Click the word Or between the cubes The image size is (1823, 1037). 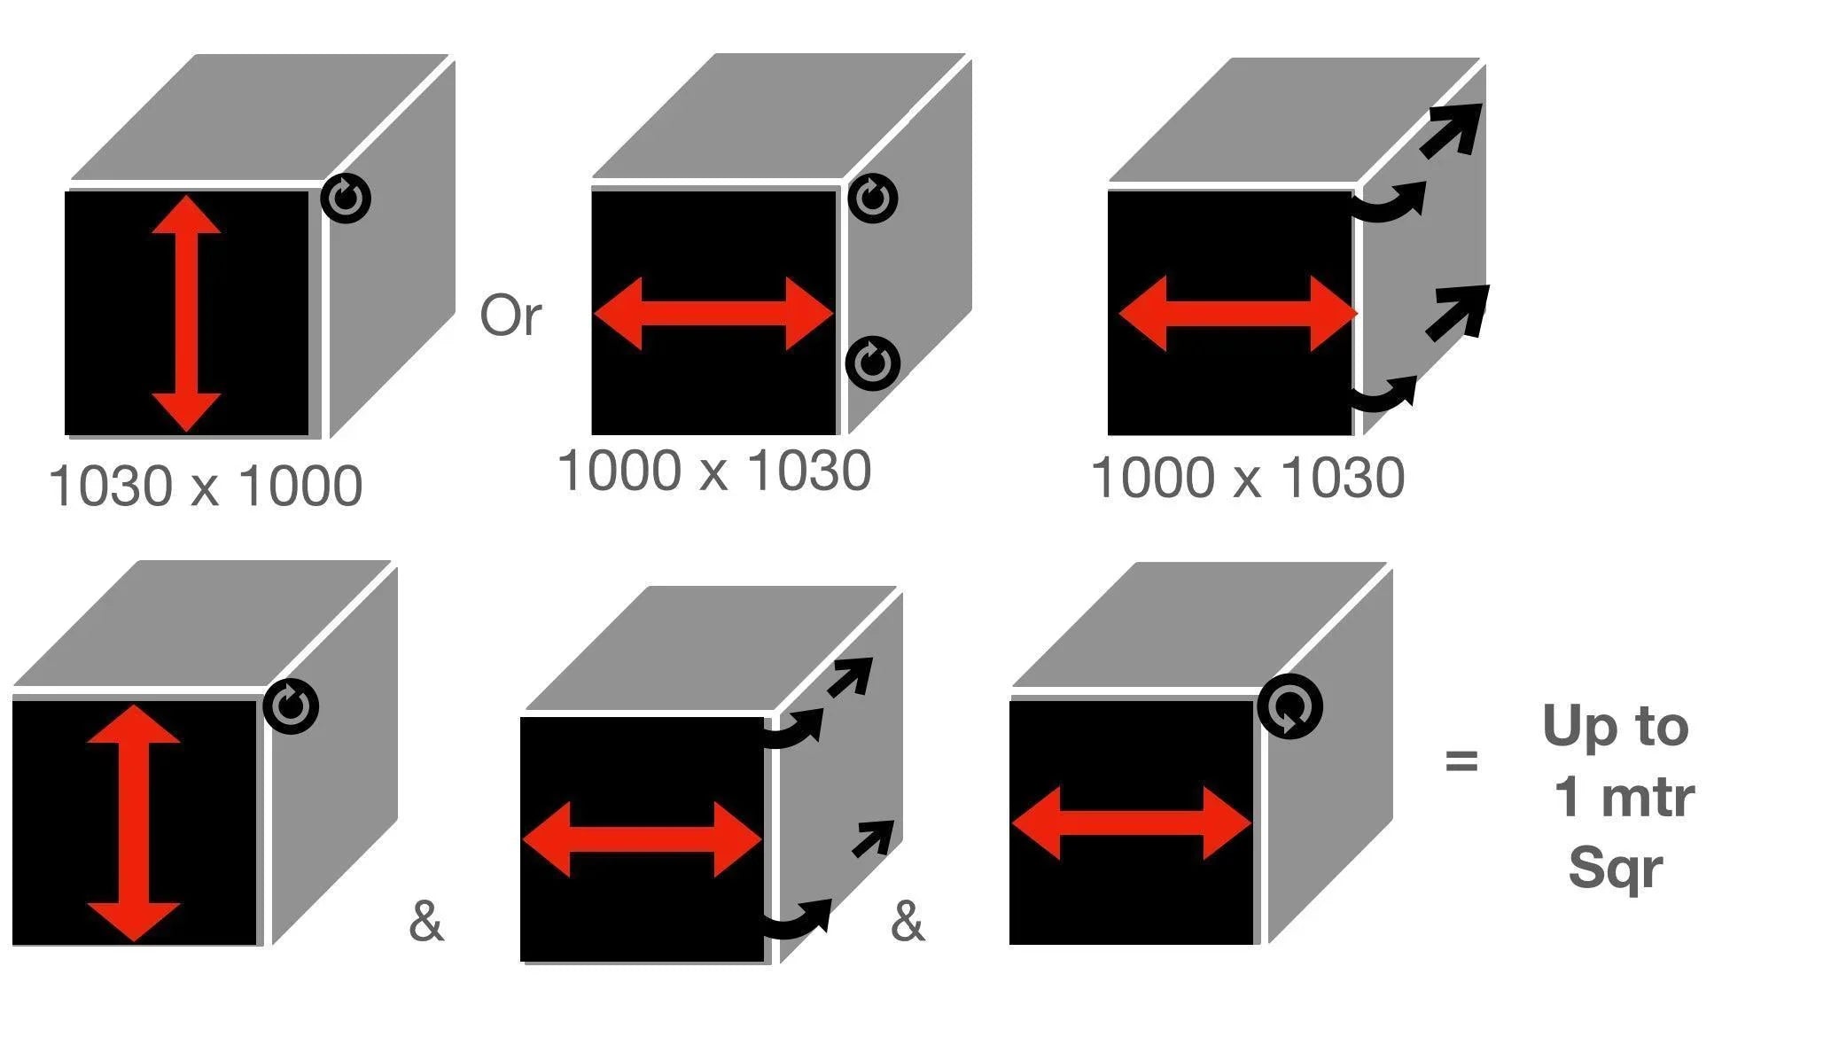point(510,315)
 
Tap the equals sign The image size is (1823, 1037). point(1461,760)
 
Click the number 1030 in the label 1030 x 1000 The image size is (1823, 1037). point(110,486)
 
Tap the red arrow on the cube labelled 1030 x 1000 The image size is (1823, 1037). point(186,314)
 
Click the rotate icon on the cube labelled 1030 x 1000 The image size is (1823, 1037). point(346,198)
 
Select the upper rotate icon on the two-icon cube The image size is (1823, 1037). point(873,198)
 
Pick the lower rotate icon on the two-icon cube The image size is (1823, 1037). point(873,363)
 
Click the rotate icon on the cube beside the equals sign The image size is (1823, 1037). point(1289,706)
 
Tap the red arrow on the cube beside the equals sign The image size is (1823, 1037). point(1131,823)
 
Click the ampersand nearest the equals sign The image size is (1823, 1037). point(907,922)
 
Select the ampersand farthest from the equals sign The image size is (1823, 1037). point(425,922)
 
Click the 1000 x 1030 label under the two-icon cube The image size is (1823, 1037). point(714,471)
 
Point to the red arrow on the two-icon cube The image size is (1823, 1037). point(714,314)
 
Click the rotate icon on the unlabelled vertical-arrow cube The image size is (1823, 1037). point(292,706)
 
